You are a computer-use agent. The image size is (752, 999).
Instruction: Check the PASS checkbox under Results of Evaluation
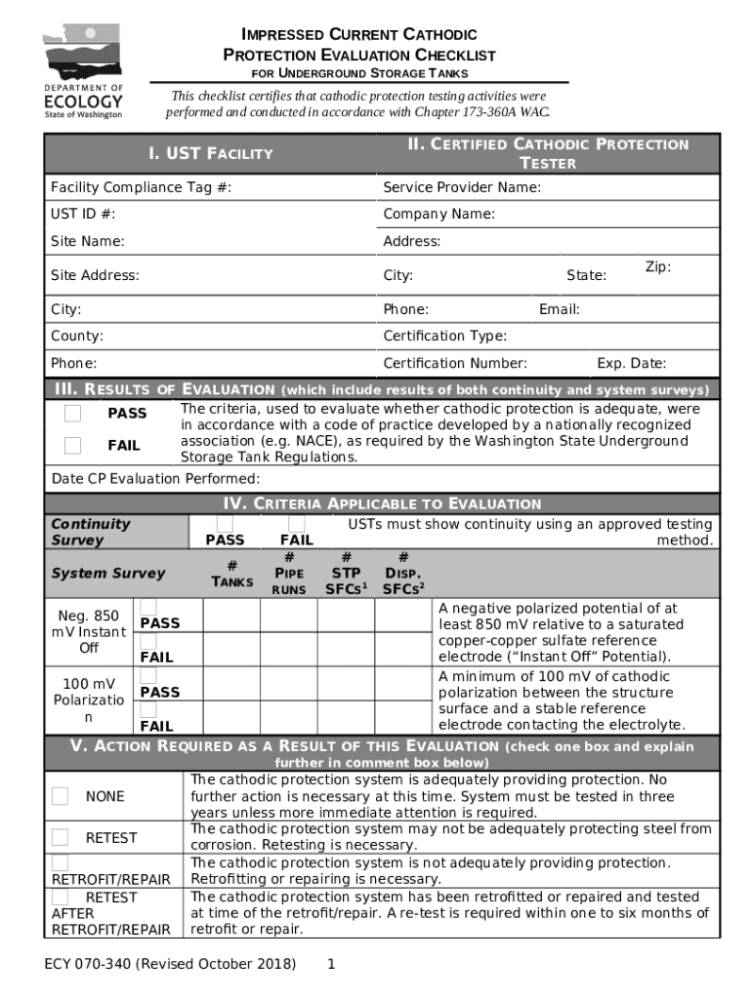pyautogui.click(x=72, y=414)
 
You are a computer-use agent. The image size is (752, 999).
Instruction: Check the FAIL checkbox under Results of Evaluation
pyautogui.click(x=72, y=446)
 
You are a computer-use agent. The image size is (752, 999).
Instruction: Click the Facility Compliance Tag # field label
pyautogui.click(x=141, y=187)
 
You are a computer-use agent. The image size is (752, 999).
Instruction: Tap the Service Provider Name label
pyautogui.click(x=462, y=187)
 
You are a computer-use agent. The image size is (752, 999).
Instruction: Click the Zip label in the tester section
pyautogui.click(x=657, y=266)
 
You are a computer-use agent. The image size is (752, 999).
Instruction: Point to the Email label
pyautogui.click(x=559, y=309)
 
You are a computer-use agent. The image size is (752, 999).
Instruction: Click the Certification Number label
pyautogui.click(x=455, y=363)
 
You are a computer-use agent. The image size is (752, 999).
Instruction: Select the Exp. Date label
pyautogui.click(x=631, y=363)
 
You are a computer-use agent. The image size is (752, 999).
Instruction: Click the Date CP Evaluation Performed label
pyautogui.click(x=155, y=479)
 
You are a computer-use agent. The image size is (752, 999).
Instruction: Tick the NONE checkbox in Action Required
pyautogui.click(x=60, y=796)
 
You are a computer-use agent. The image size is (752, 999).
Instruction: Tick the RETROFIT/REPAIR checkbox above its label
pyautogui.click(x=60, y=863)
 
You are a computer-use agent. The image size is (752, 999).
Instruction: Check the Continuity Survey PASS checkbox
pyautogui.click(x=225, y=524)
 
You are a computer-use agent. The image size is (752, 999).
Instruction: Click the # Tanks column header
pyautogui.click(x=232, y=574)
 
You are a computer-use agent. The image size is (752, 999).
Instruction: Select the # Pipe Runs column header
pyautogui.click(x=289, y=574)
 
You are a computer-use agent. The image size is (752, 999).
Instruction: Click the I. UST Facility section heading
pyautogui.click(x=210, y=153)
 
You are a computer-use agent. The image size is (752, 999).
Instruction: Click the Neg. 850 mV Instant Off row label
pyautogui.click(x=89, y=632)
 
